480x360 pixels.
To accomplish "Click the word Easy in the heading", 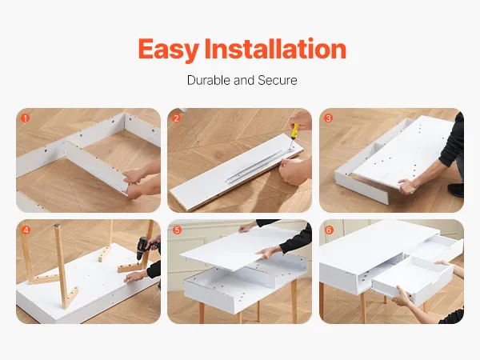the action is pos(169,50).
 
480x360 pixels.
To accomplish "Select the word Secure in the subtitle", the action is pos(278,80).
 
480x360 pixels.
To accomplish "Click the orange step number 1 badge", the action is pos(25,118).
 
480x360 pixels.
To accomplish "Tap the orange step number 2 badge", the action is pos(176,118).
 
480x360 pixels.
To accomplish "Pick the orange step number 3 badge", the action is pos(328,118).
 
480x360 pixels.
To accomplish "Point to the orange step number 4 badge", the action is pos(26,230).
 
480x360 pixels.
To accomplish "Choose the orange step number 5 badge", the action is pos(177,230).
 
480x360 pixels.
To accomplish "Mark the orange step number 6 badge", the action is pos(329,230).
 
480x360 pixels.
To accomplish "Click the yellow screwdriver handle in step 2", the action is pos(294,130).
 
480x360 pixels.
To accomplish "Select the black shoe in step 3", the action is pos(456,190).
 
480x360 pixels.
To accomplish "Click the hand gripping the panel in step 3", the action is pos(408,186).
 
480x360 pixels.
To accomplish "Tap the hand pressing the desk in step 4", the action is pos(134,277).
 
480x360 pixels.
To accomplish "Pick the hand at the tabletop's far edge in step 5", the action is pos(247,227).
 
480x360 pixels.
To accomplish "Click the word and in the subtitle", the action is pos(244,80).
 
